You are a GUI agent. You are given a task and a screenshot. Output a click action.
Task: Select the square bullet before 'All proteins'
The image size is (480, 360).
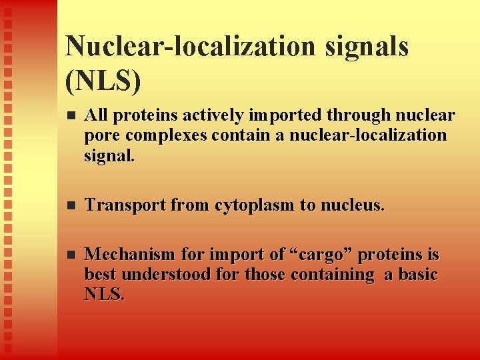pos(71,116)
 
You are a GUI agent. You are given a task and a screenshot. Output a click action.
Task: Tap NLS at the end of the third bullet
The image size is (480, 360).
pos(104,294)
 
